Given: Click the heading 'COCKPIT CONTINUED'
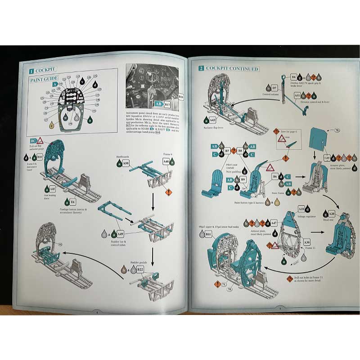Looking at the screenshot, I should [232, 68].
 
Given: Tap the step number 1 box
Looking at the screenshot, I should [30, 71].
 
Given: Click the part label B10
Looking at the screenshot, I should [40, 157].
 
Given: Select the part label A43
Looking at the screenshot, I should [213, 120].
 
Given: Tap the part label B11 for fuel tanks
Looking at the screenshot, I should [208, 234].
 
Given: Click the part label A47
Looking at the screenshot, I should [274, 223].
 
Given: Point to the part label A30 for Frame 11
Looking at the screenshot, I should [307, 242].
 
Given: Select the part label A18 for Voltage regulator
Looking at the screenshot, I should [301, 209].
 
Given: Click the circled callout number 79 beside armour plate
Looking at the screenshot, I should [336, 130].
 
